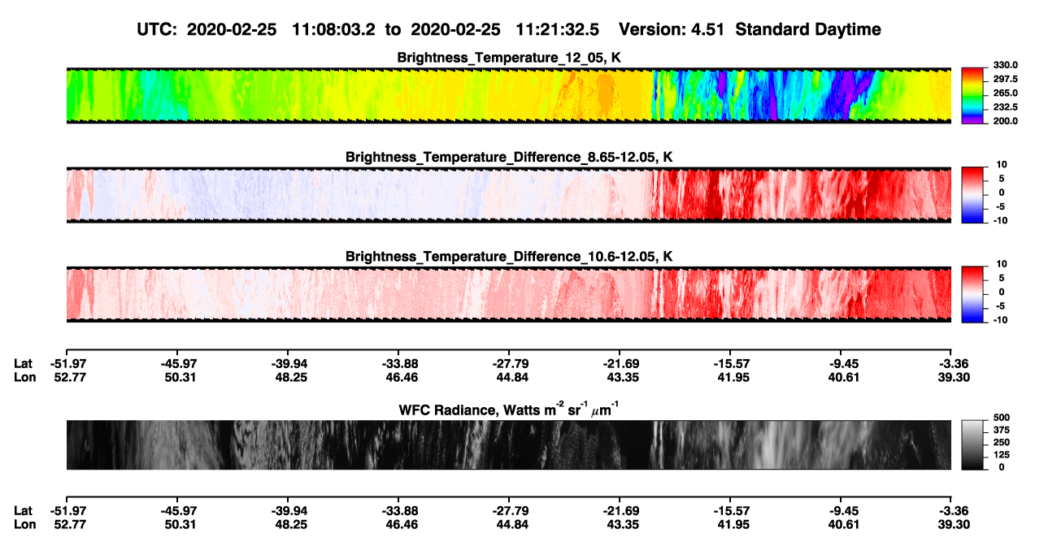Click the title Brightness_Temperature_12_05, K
(509, 58)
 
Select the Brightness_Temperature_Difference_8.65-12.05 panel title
(509, 157)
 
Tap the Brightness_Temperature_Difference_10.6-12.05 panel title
(509, 257)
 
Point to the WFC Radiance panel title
(509, 410)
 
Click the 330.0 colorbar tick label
(1005, 65)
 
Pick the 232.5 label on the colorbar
(1005, 107)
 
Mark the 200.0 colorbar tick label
(1005, 121)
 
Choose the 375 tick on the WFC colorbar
(1002, 430)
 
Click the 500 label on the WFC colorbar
(1002, 418)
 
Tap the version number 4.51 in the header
(707, 30)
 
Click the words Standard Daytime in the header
(808, 30)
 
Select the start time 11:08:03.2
(333, 30)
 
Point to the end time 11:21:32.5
(557, 30)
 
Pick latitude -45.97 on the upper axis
(179, 364)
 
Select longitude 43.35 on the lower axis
(623, 525)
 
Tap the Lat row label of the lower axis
(23, 511)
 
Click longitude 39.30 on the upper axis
(954, 377)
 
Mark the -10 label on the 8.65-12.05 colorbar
(1002, 220)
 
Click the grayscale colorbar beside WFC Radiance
(972, 444)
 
